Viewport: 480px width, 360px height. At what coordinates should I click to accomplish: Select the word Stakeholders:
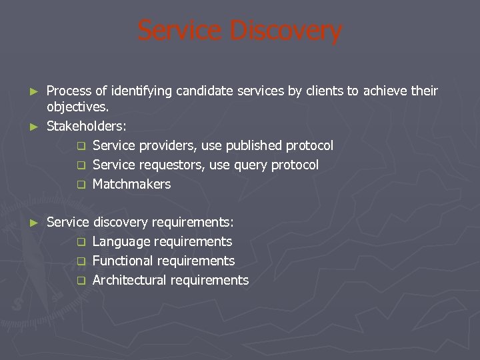pos(87,126)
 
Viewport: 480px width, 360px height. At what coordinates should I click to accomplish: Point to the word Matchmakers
pos(131,184)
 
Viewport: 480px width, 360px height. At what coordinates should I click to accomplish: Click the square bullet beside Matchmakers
pos(81,185)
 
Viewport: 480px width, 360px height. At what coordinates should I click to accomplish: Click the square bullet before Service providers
pos(81,146)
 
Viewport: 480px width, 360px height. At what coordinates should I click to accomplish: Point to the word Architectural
pos(129,280)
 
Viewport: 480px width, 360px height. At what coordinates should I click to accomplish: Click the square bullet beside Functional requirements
pos(81,261)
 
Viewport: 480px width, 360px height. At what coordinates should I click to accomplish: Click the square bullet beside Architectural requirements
pos(81,281)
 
